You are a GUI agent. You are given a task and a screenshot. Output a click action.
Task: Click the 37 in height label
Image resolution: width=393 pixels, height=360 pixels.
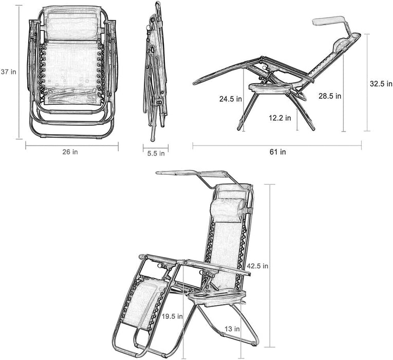9,72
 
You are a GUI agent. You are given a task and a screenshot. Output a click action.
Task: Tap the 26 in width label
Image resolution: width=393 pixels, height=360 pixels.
70,152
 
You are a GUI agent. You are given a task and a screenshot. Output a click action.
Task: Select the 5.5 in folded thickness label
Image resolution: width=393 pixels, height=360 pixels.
156,153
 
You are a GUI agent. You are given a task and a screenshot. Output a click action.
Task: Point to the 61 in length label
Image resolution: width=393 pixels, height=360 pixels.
278,152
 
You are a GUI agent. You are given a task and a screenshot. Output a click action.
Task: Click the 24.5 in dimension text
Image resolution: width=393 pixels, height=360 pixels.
231,99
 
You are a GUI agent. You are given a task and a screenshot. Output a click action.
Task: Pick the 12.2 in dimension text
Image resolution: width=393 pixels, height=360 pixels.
280,118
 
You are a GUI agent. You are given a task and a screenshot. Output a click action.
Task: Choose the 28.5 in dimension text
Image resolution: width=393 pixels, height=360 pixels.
330,96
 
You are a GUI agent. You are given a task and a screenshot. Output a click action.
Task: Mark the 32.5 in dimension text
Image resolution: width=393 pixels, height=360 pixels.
381,84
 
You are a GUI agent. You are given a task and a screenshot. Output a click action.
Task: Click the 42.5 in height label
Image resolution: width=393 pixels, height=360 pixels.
257,266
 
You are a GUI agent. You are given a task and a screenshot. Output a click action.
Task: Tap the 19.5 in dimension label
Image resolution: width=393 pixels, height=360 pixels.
172,317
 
